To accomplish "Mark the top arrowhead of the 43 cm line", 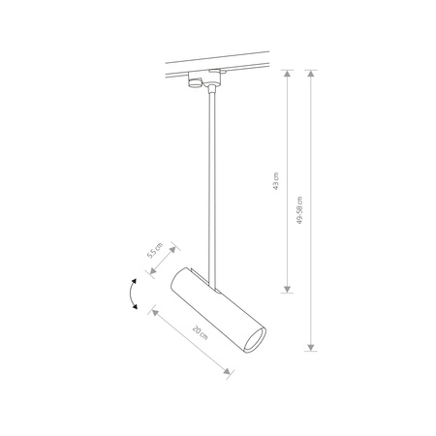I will (x=288, y=71).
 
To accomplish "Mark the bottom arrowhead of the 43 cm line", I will (x=288, y=290).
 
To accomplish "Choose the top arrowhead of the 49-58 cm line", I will (x=310, y=71).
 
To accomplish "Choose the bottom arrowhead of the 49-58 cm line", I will (x=310, y=348).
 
